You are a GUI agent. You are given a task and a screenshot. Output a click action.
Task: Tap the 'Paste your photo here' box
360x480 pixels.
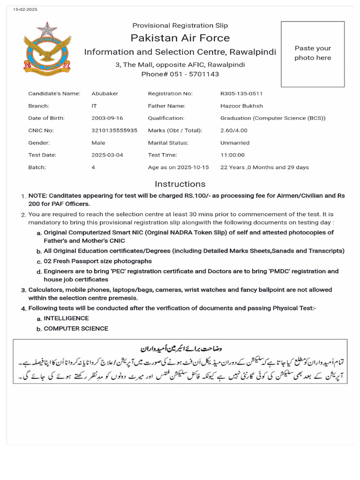(x=313, y=53)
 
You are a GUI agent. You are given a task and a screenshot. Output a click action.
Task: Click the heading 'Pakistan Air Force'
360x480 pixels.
(x=180, y=38)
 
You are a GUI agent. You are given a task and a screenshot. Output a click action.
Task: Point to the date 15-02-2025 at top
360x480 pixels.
(x=25, y=9)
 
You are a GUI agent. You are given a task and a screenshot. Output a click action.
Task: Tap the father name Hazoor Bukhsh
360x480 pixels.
(x=241, y=106)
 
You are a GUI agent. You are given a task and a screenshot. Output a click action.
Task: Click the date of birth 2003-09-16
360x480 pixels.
(x=107, y=118)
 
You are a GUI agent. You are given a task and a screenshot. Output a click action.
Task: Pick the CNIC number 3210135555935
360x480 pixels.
(x=114, y=130)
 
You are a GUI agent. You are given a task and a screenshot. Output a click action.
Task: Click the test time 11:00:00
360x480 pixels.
(x=232, y=155)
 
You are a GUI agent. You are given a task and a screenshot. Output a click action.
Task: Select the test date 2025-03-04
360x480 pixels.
(x=107, y=155)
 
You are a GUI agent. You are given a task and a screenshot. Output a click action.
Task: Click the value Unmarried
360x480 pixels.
(x=235, y=142)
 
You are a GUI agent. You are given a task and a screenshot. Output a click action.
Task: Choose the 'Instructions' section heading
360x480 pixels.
(x=180, y=184)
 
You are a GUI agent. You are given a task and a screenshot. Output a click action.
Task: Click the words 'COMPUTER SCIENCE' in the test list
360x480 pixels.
(x=76, y=329)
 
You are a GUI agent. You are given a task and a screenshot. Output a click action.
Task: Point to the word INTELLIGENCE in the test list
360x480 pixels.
(x=66, y=318)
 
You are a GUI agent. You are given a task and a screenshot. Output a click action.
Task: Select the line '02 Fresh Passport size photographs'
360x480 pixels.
(x=97, y=261)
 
